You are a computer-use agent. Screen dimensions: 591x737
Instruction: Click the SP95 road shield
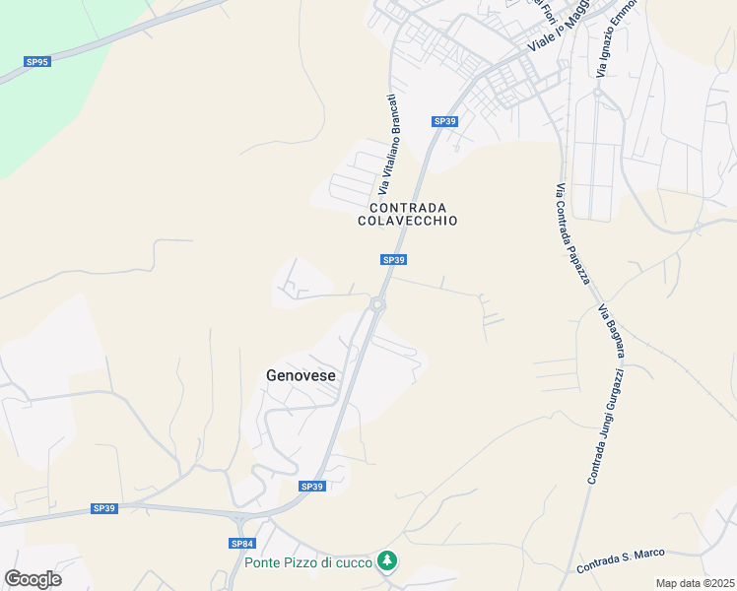click(x=37, y=61)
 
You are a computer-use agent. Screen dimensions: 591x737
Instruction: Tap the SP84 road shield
click(x=242, y=544)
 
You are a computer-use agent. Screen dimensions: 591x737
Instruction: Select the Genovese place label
click(x=301, y=375)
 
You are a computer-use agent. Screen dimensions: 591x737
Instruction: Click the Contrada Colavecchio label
click(x=407, y=214)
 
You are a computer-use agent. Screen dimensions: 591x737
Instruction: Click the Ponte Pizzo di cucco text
click(x=308, y=562)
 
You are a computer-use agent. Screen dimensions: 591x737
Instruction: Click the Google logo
click(x=33, y=579)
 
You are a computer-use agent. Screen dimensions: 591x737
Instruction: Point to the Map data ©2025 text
click(x=695, y=583)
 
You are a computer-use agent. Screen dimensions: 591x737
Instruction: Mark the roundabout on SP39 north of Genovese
click(x=377, y=304)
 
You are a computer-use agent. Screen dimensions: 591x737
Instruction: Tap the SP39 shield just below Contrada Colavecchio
click(x=393, y=260)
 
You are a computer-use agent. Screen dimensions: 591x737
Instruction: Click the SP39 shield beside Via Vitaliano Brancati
click(x=445, y=121)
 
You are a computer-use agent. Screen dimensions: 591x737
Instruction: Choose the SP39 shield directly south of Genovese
click(x=311, y=487)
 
